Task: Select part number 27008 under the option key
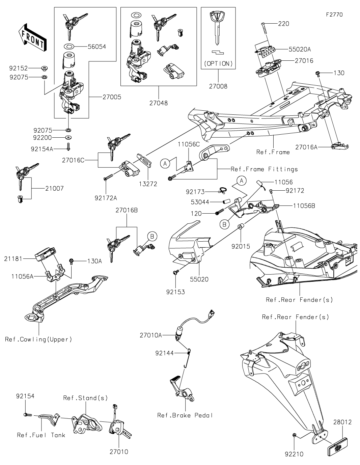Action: click(218, 86)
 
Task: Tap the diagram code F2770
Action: click(334, 15)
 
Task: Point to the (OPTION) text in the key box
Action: click(218, 63)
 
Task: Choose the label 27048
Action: click(159, 103)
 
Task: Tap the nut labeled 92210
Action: click(295, 435)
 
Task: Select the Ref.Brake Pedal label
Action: click(185, 415)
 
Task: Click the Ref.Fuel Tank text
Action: click(41, 435)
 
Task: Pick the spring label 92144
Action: click(165, 353)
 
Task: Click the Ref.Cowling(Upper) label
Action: click(38, 339)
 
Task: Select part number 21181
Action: click(13, 259)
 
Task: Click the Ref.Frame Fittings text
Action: click(264, 169)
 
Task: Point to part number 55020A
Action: click(300, 49)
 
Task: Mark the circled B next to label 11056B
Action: click(224, 224)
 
